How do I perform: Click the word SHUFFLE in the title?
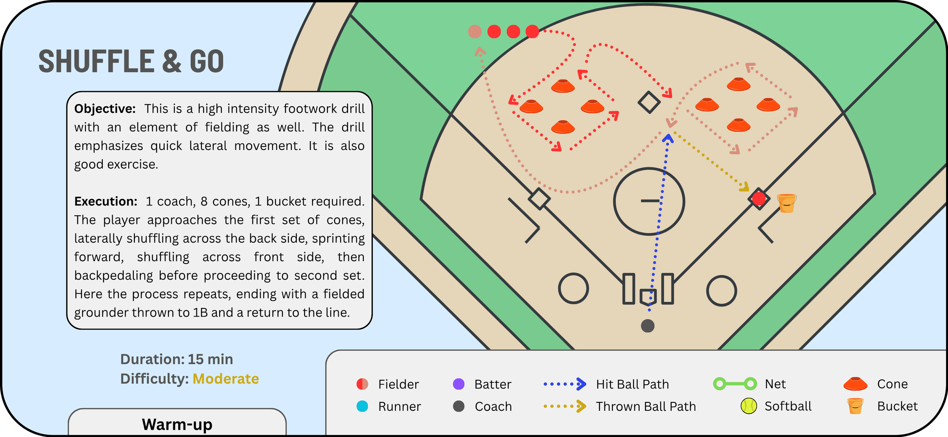[97, 61]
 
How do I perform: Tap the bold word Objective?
[105, 109]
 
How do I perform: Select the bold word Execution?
[106, 201]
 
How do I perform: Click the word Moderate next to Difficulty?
[226, 379]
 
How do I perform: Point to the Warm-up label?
[177, 424]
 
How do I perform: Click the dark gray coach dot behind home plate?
[648, 326]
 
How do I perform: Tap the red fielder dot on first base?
[759, 199]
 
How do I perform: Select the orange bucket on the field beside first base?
[787, 203]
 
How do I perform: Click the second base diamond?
[649, 102]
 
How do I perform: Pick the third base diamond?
[539, 199]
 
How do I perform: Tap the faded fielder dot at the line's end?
[475, 32]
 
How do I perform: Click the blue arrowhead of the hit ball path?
[668, 138]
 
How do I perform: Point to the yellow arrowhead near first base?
[745, 187]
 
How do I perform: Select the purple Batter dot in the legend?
[459, 384]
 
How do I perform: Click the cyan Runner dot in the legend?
[362, 406]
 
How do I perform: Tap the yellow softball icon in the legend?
[749, 406]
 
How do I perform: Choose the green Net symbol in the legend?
[735, 384]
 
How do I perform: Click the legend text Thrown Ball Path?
[646, 407]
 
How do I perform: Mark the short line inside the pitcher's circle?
[650, 200]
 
